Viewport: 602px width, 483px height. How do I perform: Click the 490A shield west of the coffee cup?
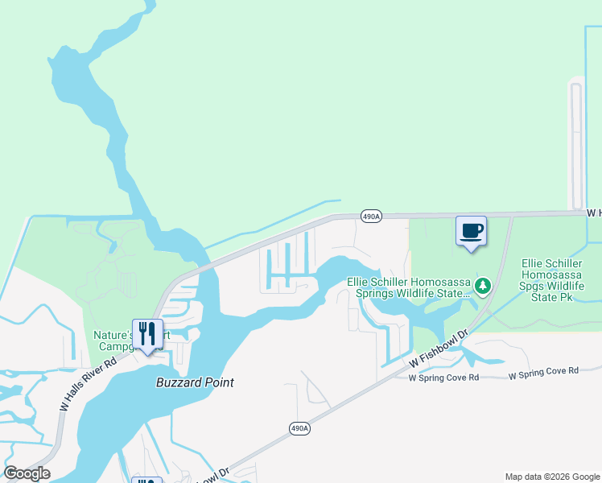click(x=370, y=217)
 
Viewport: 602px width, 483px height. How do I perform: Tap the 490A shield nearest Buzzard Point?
click(x=297, y=428)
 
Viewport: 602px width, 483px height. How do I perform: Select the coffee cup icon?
click(x=472, y=231)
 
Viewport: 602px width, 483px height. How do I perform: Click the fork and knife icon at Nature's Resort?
click(x=147, y=333)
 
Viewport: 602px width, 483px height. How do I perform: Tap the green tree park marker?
click(x=483, y=286)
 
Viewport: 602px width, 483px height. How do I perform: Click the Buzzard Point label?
click(x=195, y=382)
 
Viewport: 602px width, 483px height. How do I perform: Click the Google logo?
click(x=27, y=473)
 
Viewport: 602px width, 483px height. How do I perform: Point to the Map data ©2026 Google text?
click(x=552, y=477)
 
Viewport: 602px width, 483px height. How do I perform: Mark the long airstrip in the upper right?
click(x=575, y=145)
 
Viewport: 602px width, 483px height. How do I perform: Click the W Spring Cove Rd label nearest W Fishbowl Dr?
click(x=443, y=377)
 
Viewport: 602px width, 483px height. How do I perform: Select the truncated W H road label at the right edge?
click(x=594, y=213)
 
